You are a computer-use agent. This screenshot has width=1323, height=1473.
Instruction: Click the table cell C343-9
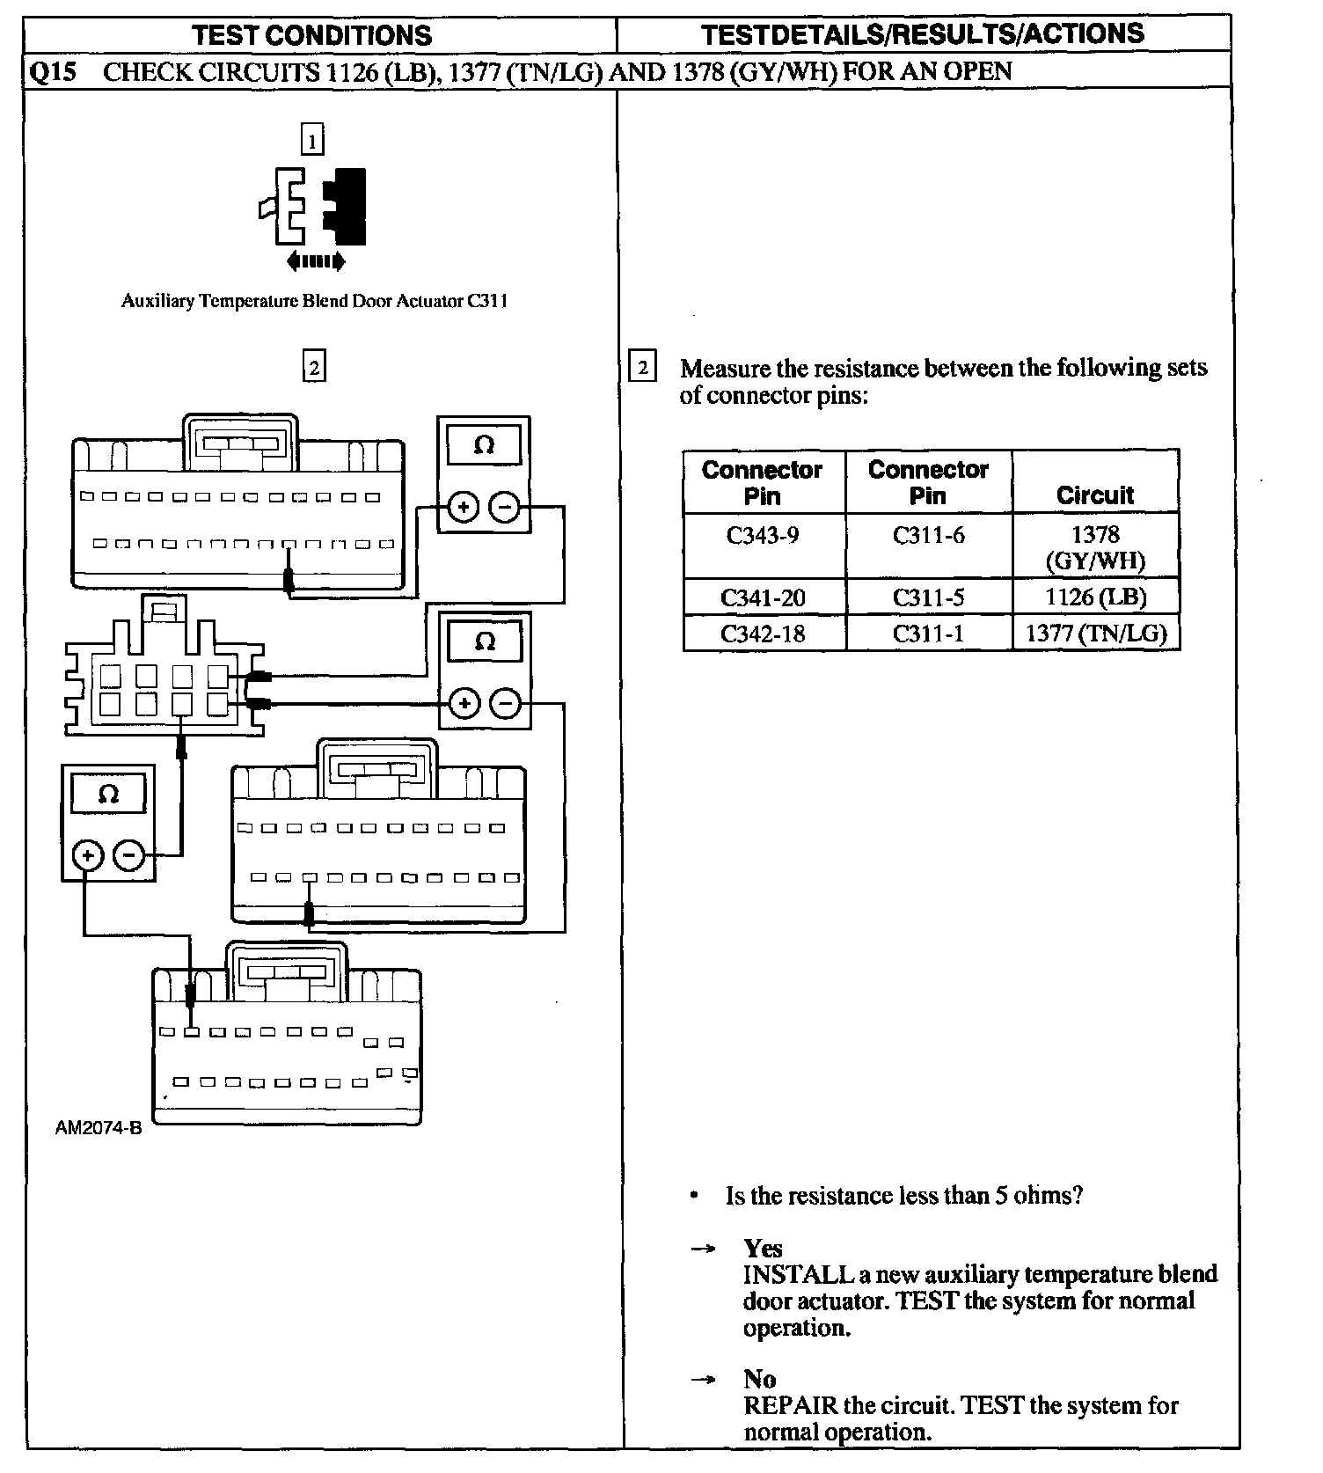(x=763, y=535)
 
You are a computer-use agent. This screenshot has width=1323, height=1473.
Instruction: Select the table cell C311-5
(x=928, y=597)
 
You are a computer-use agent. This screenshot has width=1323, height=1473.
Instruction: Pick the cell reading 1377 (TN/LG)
(x=1095, y=634)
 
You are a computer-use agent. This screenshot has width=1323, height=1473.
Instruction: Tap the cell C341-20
(x=763, y=597)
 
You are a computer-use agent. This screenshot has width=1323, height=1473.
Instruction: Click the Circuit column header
(x=1095, y=495)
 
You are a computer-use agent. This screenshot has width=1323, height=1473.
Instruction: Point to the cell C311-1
(x=928, y=634)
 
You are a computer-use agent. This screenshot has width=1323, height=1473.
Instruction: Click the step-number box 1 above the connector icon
(x=312, y=140)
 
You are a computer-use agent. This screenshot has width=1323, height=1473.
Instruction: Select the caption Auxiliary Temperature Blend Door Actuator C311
(x=314, y=301)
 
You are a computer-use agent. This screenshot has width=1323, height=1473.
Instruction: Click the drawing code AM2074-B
(x=98, y=1128)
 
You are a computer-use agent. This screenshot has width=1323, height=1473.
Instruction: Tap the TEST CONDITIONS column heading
(x=312, y=35)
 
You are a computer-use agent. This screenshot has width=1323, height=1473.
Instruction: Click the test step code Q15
(x=50, y=71)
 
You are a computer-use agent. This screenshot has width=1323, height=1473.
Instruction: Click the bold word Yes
(x=763, y=1248)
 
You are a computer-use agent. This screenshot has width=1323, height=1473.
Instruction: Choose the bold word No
(x=759, y=1379)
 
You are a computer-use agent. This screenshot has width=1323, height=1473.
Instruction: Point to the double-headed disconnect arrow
(x=316, y=261)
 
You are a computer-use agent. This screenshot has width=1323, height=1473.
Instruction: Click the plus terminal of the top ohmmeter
(x=464, y=507)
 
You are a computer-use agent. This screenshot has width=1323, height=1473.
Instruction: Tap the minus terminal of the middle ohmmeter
(x=505, y=703)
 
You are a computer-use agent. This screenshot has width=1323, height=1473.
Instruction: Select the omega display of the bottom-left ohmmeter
(x=108, y=795)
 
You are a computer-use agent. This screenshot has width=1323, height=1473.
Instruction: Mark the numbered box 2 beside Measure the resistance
(x=643, y=367)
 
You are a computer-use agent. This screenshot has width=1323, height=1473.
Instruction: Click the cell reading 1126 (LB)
(x=1095, y=597)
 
